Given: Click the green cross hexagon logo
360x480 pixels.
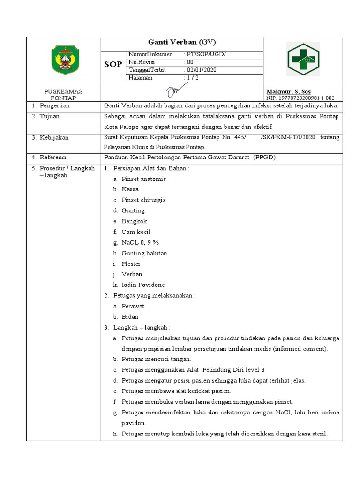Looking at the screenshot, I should pos(303,59).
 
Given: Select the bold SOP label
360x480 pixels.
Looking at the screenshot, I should pos(113,64).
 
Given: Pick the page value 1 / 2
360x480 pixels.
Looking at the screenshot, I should pos(193,78).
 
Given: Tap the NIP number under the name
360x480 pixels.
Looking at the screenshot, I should pos(300,98).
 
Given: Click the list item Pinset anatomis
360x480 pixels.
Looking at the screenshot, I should pos(143,179).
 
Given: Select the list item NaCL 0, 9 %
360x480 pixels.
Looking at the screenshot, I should pos(141,242).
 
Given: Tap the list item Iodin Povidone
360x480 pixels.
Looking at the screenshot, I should pos(143,285).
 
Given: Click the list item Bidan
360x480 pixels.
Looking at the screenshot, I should pos(130,316).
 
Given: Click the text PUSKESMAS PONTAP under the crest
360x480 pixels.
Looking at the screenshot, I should pos(63,95).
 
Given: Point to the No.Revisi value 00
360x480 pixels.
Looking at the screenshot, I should pos(190,62).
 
